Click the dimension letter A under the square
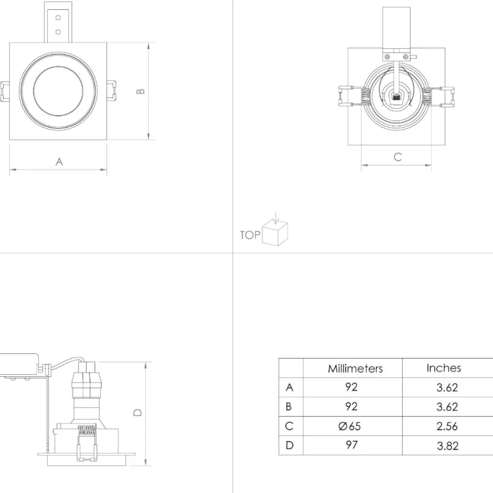[x=59, y=162]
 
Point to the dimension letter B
[x=141, y=91]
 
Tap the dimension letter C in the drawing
[x=398, y=157]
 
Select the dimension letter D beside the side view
[x=138, y=412]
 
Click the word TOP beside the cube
[x=250, y=235]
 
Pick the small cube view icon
[x=275, y=233]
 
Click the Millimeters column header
[x=355, y=368]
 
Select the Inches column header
[x=444, y=368]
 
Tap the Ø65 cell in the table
[x=350, y=426]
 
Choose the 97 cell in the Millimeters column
[x=352, y=445]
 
